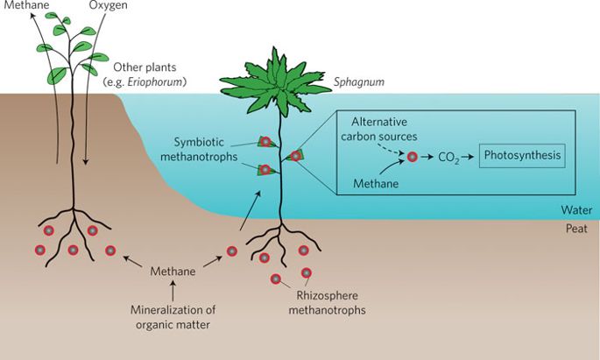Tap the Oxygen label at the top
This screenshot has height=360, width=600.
point(109,8)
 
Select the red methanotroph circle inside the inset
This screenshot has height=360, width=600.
point(413,159)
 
